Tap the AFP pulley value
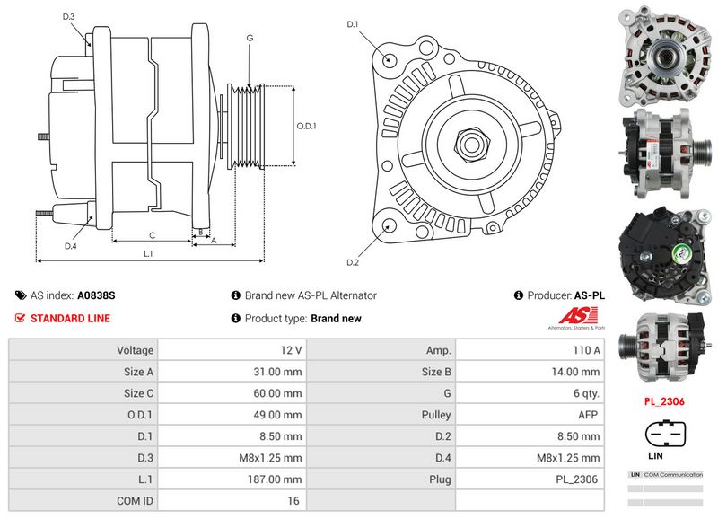pos(588,415)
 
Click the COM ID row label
pos(135,501)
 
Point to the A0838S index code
pos(96,295)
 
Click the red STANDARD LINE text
pos(70,319)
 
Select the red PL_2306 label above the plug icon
pos(664,401)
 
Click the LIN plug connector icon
pos(664,435)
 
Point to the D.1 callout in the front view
pos(353,24)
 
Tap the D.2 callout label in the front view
pos(353,262)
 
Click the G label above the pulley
pos(249,38)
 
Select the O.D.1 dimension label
pos(306,126)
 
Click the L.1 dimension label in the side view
pos(148,254)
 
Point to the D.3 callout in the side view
pos(69,17)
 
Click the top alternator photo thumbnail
pos(663,54)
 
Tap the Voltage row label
pos(135,350)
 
